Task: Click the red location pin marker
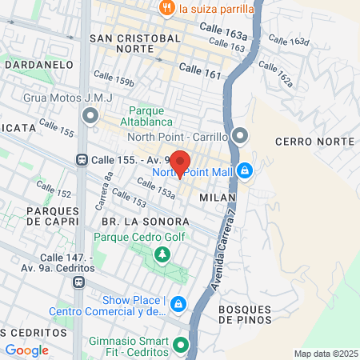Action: (180, 163)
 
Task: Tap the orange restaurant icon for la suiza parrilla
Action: (166, 9)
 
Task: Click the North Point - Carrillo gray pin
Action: (241, 136)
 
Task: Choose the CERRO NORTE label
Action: (314, 141)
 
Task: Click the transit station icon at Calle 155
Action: (82, 159)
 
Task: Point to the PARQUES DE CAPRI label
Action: (53, 216)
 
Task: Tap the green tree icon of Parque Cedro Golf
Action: (163, 254)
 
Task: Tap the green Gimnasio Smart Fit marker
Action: (182, 346)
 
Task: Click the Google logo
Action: (27, 350)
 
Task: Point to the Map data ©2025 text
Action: (324, 354)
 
